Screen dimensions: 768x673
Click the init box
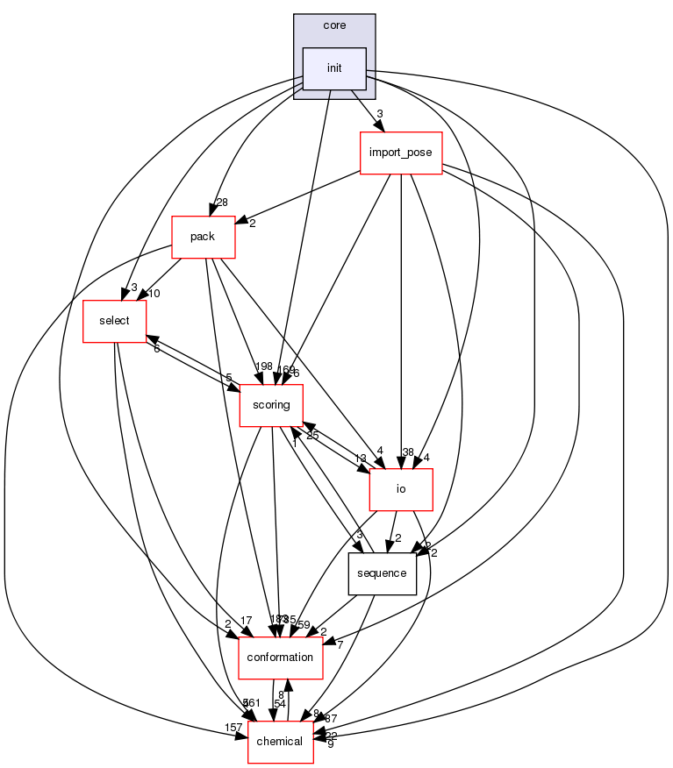tap(334, 68)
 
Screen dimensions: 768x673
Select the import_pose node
tap(401, 153)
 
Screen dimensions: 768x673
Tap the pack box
tap(204, 237)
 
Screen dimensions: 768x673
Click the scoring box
tap(271, 405)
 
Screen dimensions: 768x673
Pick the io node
tap(401, 489)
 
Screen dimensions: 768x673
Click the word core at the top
tap(334, 25)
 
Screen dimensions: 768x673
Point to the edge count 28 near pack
tap(222, 203)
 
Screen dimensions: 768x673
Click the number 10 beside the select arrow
tap(154, 294)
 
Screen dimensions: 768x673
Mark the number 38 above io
tap(408, 452)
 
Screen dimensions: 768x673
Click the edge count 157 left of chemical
tap(233, 729)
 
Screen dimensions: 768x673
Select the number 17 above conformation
tap(246, 622)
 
